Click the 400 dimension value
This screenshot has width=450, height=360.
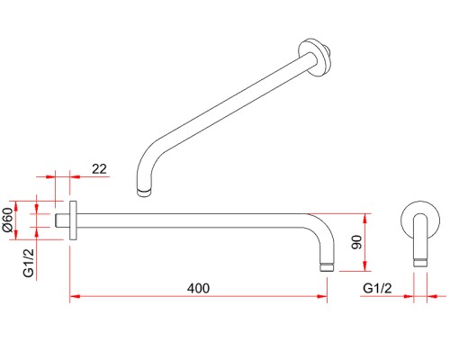[x=198, y=288]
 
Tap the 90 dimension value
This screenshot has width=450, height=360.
[x=357, y=242]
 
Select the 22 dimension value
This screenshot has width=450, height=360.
[x=99, y=169]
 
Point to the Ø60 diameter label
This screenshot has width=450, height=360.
[x=8, y=220]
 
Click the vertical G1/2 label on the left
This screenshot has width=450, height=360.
[x=29, y=263]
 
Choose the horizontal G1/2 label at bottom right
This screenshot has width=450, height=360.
[x=377, y=288]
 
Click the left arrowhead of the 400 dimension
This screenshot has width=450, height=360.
[x=75, y=296]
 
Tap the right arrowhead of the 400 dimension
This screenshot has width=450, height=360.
[x=322, y=296]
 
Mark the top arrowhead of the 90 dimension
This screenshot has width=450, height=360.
[x=364, y=219]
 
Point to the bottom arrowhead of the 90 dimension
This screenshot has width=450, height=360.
[x=364, y=266]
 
